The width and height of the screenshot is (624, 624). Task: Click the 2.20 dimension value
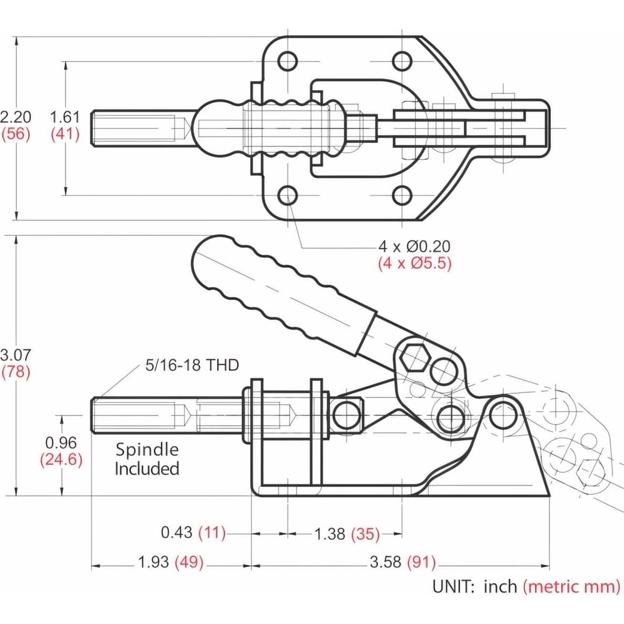tap(16, 117)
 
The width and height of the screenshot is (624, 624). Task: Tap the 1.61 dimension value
tap(65, 117)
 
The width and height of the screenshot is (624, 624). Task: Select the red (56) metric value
tap(16, 134)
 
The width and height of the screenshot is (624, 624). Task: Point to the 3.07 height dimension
tap(16, 354)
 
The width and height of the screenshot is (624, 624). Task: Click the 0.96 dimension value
tap(61, 442)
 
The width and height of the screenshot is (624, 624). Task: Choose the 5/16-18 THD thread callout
tap(192, 365)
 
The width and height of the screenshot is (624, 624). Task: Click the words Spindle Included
tap(147, 459)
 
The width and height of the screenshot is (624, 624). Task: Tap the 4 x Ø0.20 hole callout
tap(414, 246)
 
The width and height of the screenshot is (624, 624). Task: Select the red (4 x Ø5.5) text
tap(415, 263)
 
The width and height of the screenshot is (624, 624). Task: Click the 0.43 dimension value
tap(177, 532)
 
